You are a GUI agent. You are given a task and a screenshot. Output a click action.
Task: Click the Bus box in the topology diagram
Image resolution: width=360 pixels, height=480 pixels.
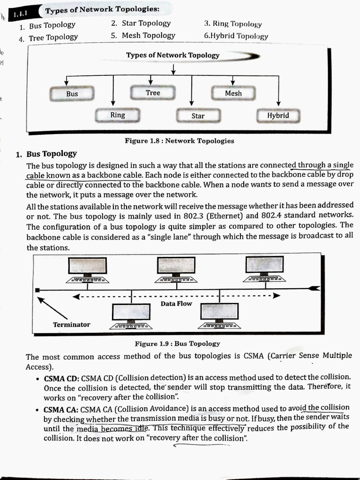[x=72, y=94]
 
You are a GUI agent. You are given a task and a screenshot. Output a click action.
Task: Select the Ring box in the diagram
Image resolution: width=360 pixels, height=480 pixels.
[x=117, y=115]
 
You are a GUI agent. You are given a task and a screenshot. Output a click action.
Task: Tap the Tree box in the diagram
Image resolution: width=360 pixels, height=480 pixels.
[x=153, y=93]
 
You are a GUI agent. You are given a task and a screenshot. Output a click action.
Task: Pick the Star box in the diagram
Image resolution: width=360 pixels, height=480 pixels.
[x=198, y=116]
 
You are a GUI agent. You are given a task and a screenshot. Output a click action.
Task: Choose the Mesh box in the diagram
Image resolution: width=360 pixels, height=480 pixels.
[x=233, y=93]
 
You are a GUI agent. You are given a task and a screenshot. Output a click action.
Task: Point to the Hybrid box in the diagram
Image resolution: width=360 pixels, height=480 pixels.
[x=278, y=115]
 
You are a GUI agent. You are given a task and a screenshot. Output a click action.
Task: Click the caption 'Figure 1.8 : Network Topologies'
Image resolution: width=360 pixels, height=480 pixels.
[x=179, y=141]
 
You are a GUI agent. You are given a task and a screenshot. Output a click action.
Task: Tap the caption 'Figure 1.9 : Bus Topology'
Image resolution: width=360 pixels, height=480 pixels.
[x=177, y=344]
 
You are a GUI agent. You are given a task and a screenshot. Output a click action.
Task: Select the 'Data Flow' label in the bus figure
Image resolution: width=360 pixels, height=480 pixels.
[x=176, y=304]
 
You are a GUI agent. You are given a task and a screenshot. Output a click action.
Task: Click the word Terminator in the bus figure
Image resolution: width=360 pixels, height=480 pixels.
[x=71, y=324]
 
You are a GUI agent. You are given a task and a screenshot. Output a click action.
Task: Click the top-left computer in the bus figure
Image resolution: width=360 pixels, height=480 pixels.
[x=87, y=269]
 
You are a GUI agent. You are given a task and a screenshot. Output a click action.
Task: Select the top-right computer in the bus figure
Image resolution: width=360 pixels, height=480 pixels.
[x=265, y=268]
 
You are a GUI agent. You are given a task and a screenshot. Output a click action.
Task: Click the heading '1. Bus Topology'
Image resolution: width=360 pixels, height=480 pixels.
[x=47, y=154]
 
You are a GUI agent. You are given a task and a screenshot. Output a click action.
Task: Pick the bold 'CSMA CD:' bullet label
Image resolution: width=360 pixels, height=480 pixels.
[x=62, y=378]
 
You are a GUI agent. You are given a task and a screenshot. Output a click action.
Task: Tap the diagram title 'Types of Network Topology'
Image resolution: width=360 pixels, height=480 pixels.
[x=172, y=55]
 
